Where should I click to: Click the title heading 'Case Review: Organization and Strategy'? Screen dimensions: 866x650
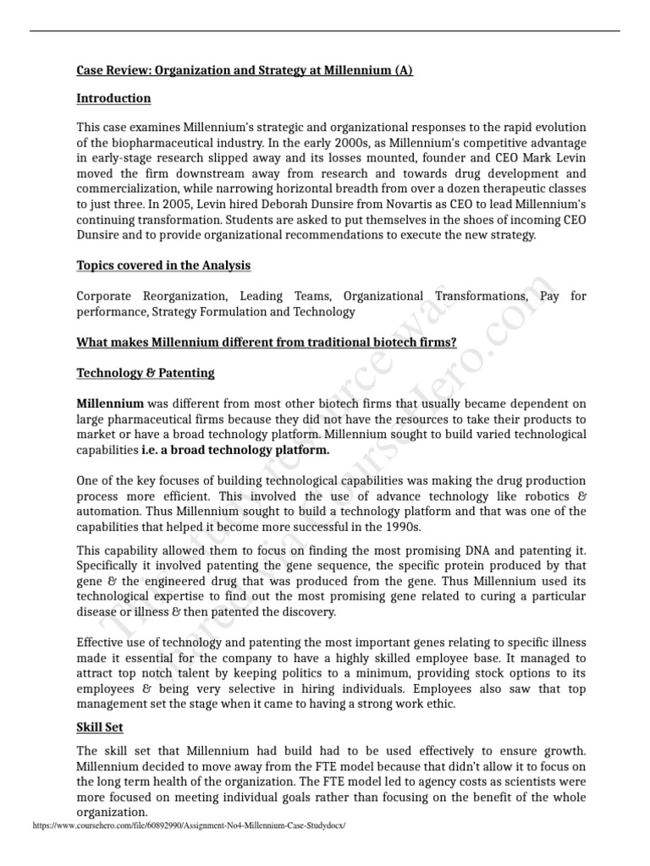[x=245, y=70]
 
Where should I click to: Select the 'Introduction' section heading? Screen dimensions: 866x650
[x=113, y=98]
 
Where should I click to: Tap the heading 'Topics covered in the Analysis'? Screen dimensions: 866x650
[x=163, y=266]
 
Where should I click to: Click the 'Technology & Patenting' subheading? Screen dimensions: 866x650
[x=146, y=372]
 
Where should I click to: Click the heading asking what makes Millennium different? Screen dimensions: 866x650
[x=267, y=343]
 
